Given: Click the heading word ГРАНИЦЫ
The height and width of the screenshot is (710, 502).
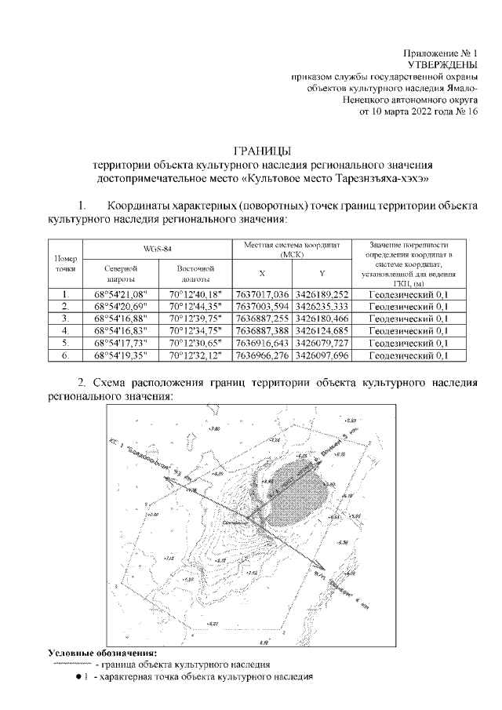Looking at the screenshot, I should (x=262, y=151).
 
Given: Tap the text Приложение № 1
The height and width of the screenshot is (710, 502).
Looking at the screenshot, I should (x=440, y=51).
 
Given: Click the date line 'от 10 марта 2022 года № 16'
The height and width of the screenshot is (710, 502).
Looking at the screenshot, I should (x=418, y=112).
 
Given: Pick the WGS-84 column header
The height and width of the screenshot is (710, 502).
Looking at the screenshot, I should (x=156, y=248).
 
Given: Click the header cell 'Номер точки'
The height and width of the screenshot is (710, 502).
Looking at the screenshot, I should (x=66, y=263).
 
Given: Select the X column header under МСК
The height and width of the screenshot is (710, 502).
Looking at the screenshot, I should (x=262, y=274).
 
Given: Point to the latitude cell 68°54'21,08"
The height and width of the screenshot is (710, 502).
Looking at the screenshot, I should (x=120, y=293).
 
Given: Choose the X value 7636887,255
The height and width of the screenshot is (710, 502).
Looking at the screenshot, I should (x=262, y=319).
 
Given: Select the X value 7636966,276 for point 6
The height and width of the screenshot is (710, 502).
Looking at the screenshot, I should (x=262, y=355).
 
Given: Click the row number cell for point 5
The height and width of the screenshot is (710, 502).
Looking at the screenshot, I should (x=66, y=343).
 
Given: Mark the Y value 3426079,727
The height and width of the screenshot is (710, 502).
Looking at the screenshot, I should (x=321, y=343).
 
